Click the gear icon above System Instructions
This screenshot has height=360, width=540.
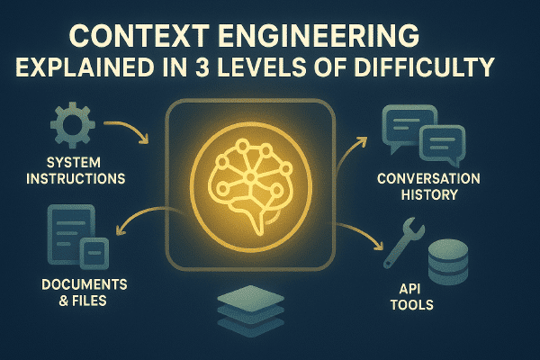[x=73, y=125]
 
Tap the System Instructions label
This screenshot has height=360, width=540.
[x=76, y=170]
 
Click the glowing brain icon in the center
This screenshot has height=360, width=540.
[x=251, y=186]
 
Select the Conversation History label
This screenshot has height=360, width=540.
[x=428, y=186]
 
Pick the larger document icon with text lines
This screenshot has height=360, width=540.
[x=71, y=234]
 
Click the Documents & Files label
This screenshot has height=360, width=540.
[x=84, y=292]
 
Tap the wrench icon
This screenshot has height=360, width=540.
[x=404, y=242]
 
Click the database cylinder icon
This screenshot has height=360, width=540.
[x=448, y=262]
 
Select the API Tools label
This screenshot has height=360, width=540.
[x=412, y=297]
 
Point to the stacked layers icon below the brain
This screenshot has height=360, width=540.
[x=251, y=310]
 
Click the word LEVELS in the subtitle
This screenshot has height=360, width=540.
[x=261, y=67]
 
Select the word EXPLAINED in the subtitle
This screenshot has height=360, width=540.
[x=85, y=67]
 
